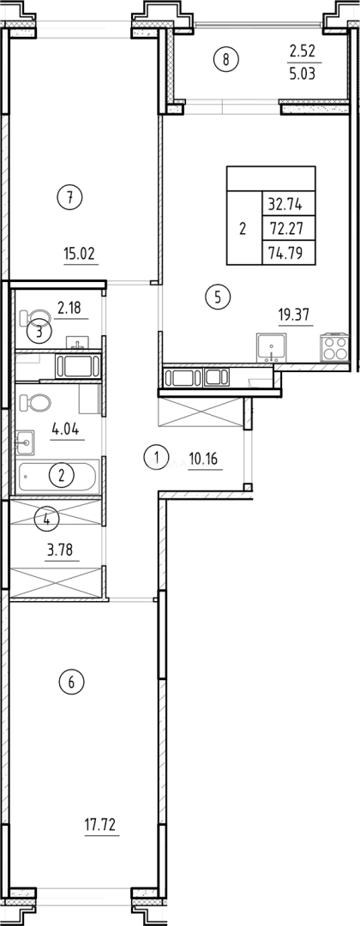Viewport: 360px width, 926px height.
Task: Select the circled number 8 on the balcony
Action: [226, 59]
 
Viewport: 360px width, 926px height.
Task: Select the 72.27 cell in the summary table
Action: [291, 229]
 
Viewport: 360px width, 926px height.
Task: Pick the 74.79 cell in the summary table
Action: [291, 252]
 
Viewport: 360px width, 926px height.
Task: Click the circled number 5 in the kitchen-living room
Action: [218, 298]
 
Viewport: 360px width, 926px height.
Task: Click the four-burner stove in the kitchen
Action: [333, 348]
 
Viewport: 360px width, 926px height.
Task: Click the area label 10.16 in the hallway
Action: [203, 458]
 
